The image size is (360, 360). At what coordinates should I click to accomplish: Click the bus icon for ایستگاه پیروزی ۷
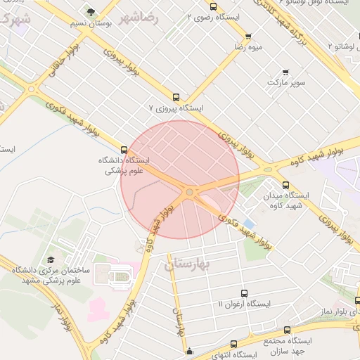[176, 98]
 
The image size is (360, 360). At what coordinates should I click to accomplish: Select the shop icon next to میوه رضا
[248, 37]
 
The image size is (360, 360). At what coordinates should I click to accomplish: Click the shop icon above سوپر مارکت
[285, 72]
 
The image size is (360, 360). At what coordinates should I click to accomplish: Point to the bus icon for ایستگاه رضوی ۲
[214, 6]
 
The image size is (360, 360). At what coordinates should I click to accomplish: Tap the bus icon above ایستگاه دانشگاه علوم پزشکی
[124, 149]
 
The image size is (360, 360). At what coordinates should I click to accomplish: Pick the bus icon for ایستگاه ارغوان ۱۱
[244, 292]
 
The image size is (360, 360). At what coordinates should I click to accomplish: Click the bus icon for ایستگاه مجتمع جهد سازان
[287, 330]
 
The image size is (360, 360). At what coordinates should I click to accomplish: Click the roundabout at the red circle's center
[189, 191]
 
